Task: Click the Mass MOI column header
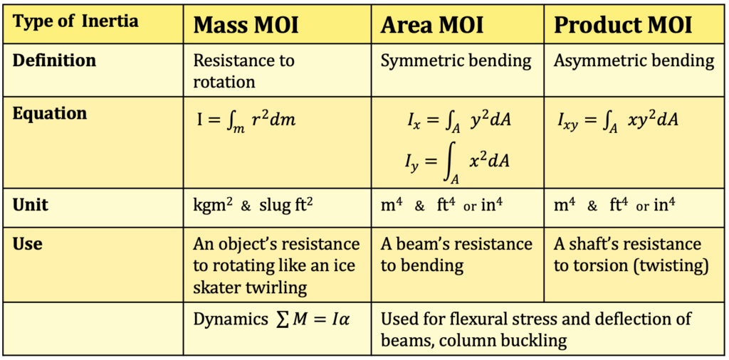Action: pyautogui.click(x=246, y=26)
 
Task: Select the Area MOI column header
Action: pyautogui.click(x=432, y=26)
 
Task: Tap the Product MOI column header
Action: pyautogui.click(x=623, y=26)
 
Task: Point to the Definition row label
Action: pyautogui.click(x=54, y=60)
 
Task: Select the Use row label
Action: pyautogui.click(x=28, y=244)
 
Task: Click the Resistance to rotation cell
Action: pyautogui.click(x=243, y=70)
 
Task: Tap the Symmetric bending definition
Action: pyautogui.click(x=456, y=60)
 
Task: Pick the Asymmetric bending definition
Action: pyautogui.click(x=634, y=60)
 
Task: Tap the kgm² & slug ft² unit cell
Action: pyautogui.click(x=253, y=206)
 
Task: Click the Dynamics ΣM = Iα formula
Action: pyautogui.click(x=272, y=319)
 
